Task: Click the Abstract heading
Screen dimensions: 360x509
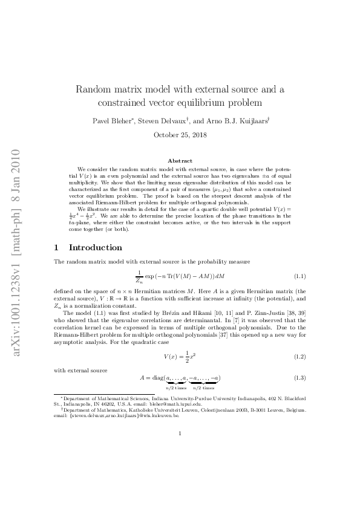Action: coord(180,160)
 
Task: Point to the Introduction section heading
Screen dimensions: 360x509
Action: coord(96,247)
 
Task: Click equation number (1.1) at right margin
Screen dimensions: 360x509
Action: coord(299,276)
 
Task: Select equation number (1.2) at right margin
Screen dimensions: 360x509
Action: coord(299,357)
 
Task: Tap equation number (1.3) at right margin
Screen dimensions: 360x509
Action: coord(299,378)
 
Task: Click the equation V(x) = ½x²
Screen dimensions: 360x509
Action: coord(180,357)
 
